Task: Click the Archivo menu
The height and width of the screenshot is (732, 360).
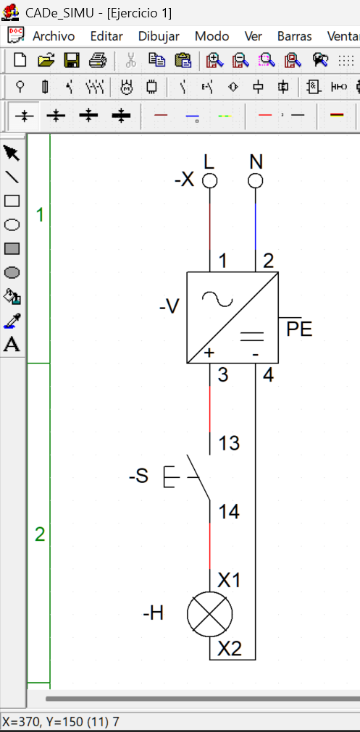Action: coord(53,36)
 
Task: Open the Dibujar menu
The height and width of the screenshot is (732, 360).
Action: coord(159,36)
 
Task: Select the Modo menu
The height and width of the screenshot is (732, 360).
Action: coord(212,36)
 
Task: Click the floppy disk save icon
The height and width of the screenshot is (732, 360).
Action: coord(72,60)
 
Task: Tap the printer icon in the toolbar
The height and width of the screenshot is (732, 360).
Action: coord(98,60)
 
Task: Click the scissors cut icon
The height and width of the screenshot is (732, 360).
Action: coord(130,60)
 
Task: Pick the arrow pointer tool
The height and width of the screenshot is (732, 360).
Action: coord(12,153)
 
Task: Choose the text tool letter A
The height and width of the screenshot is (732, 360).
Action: coord(12,345)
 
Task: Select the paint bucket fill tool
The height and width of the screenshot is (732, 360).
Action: coord(12,296)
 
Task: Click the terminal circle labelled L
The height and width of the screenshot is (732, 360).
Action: coord(209,181)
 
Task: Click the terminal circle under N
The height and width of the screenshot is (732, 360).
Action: coord(255,181)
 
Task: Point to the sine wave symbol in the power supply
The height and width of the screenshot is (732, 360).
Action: coord(217,299)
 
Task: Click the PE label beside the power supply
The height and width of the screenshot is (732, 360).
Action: coord(299,329)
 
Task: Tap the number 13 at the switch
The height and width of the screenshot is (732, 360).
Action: coord(229,443)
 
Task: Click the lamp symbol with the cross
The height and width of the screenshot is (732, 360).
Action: coord(209,614)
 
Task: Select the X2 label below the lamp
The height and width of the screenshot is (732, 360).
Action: coord(230,649)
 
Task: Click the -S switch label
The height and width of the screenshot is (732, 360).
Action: coord(138,476)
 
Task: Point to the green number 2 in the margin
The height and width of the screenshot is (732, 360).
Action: coord(40,534)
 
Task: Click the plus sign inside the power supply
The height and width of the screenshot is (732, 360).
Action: coord(209,353)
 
